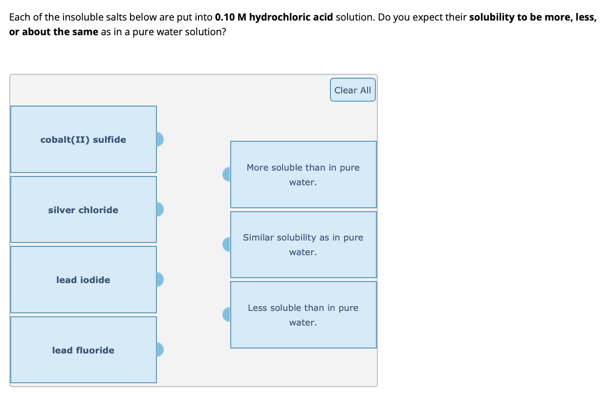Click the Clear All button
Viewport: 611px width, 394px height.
pos(352,90)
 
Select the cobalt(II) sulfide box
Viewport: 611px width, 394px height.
pos(83,139)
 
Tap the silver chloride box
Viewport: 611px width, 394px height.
pos(83,210)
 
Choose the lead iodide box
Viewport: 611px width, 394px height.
pos(83,280)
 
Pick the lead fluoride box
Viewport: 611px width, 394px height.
pos(83,350)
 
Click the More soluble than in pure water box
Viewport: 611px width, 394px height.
pos(303,175)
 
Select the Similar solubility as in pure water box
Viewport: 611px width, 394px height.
pos(303,244)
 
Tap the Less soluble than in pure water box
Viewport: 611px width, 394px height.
pos(303,315)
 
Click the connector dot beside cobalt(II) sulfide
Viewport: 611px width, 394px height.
pos(160,139)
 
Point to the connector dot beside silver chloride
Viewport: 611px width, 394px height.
pos(160,210)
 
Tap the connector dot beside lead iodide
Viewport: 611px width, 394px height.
pos(160,280)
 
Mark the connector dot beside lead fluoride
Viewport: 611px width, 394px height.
pos(160,350)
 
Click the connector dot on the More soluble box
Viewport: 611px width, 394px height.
pos(227,175)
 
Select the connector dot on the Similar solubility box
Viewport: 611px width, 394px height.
pos(227,244)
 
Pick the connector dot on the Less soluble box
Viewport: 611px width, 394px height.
pos(227,314)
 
